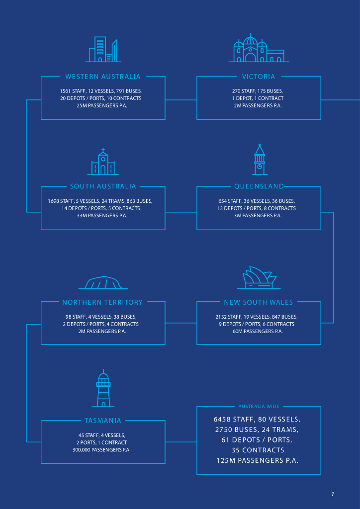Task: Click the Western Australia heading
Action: coord(103,77)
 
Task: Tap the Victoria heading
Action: coord(259,77)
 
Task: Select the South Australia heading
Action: coord(103,186)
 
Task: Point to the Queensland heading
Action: coord(259,186)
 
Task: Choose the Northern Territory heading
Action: coord(102,302)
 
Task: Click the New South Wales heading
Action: coord(259,302)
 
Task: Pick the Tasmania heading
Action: coord(102,421)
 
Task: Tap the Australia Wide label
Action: coord(259,407)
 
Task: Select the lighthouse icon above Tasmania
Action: coord(103,388)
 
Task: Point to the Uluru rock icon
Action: coord(103,282)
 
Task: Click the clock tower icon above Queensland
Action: coord(260,160)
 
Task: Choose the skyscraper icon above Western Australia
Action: coord(103,49)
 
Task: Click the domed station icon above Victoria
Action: coord(259,48)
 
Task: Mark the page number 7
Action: coord(333,495)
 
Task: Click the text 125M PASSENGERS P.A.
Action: coord(258,461)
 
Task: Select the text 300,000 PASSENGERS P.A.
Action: coord(101,450)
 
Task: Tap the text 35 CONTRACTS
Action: coord(258,450)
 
